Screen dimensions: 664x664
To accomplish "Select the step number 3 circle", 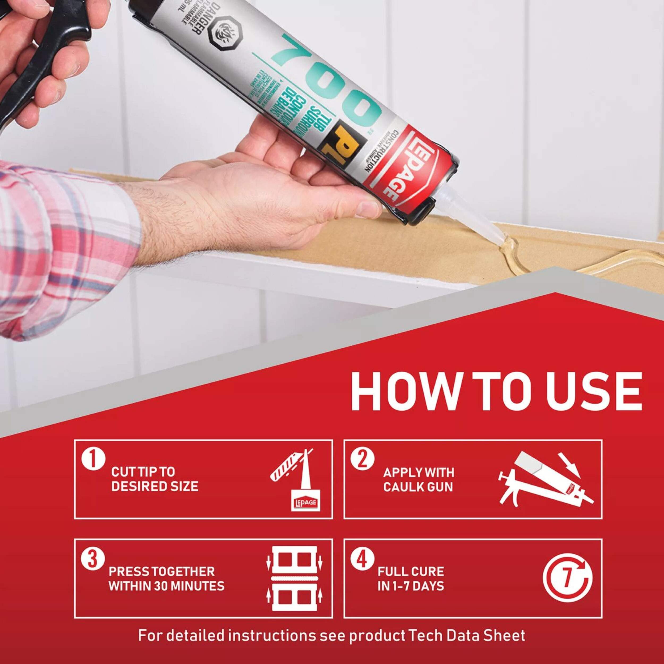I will point(93,559).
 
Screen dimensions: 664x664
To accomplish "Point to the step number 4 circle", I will point(362,559).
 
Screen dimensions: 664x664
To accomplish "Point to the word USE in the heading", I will point(596,392).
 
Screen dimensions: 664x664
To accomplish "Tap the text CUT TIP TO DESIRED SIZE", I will point(155,479).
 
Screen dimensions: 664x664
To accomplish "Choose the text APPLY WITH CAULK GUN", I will point(419,480).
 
